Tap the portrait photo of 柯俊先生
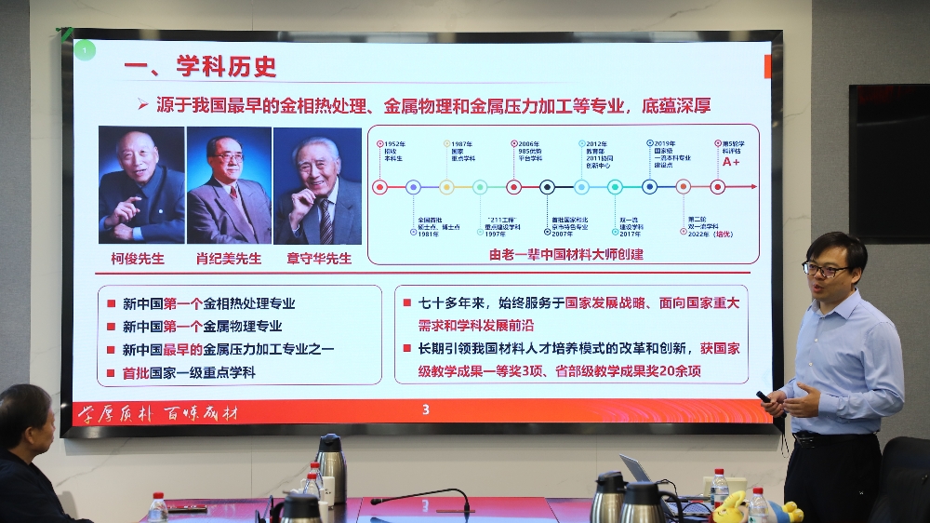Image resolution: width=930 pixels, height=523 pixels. point(140,184)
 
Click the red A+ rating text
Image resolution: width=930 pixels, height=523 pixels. point(731,161)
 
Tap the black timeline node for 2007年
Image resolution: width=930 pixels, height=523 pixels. point(548,187)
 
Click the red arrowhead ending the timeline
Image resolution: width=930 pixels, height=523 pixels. point(752,187)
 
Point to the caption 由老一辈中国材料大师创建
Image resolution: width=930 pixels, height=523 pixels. point(566,253)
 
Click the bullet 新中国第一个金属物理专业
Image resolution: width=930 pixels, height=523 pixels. point(202,327)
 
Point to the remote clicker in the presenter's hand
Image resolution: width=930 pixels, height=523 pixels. point(764,396)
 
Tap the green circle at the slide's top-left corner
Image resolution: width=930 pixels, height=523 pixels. point(85,49)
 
